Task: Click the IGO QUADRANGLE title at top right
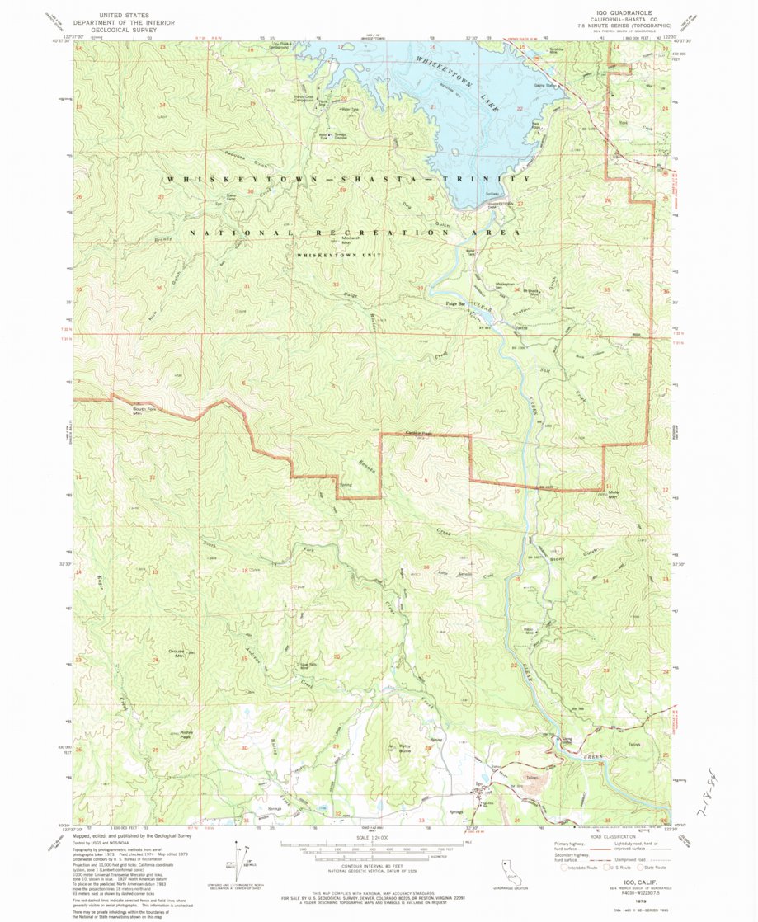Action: (x=617, y=14)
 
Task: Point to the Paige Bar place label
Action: (x=455, y=304)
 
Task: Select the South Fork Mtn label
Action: (x=144, y=412)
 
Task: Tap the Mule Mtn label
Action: (x=613, y=496)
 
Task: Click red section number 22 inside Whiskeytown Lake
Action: (x=520, y=109)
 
